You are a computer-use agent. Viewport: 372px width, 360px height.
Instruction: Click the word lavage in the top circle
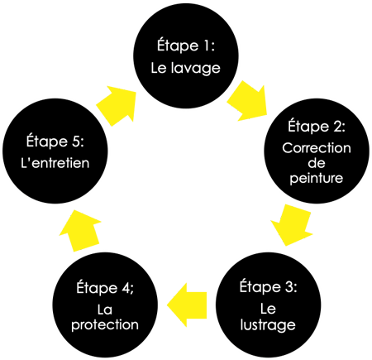(196, 69)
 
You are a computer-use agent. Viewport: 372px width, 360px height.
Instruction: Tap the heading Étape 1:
(186, 45)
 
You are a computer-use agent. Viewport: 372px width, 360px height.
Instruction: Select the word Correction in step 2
(317, 148)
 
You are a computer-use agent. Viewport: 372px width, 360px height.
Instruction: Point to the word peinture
(317, 178)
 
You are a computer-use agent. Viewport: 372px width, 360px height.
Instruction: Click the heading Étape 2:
(317, 126)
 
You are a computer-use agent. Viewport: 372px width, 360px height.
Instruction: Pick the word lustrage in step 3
(268, 324)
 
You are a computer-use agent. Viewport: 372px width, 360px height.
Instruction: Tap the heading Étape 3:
(268, 286)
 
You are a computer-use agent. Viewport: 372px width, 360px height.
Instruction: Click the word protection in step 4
(105, 324)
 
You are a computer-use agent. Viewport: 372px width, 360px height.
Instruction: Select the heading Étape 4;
(105, 288)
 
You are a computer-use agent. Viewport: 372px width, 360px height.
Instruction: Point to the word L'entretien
(55, 163)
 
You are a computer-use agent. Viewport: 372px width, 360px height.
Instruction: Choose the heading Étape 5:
(55, 142)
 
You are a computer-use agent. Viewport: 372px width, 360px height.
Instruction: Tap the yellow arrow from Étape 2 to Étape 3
(292, 225)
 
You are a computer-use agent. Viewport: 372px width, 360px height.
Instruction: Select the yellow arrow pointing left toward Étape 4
(187, 305)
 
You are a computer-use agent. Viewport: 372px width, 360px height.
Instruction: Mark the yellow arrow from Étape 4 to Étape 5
(80, 231)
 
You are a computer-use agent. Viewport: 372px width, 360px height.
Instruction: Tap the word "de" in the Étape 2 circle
(317, 163)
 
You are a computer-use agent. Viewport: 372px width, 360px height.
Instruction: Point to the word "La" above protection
(105, 310)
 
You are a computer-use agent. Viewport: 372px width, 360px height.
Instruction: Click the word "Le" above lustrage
(268, 309)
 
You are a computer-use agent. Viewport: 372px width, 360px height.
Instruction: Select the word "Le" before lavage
(159, 68)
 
